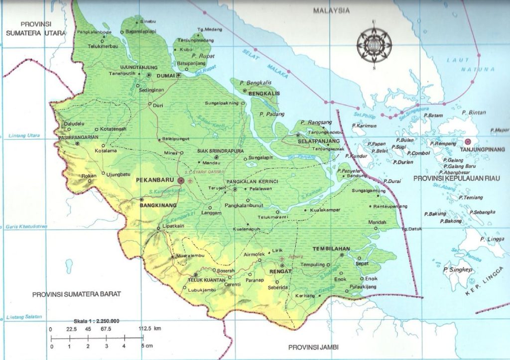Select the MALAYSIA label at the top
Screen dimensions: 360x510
pyautogui.click(x=331, y=10)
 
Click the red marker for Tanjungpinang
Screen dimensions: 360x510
pyautogui.click(x=467, y=141)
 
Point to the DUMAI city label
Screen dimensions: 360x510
pyautogui.click(x=164, y=75)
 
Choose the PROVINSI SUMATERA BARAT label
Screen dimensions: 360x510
pyautogui.click(x=77, y=294)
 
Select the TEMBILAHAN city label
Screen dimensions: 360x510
pyautogui.click(x=331, y=248)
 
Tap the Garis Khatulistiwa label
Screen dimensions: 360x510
pyautogui.click(x=26, y=227)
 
